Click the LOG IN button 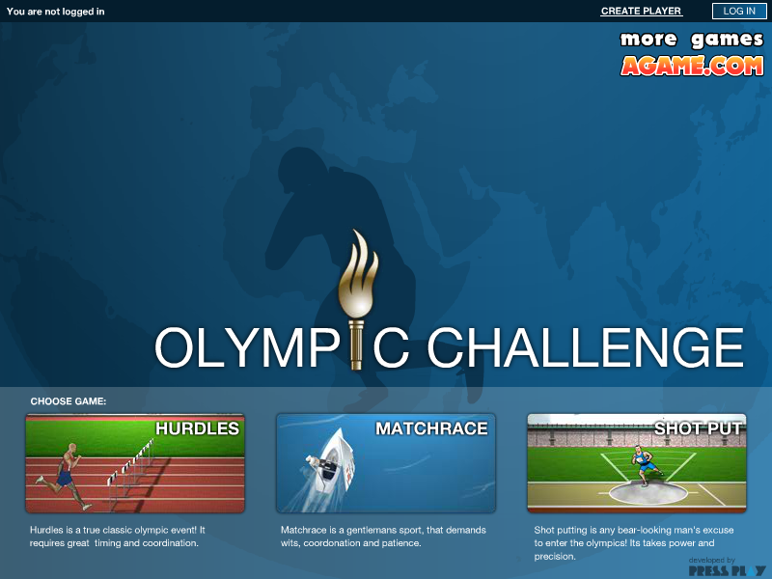pos(739,11)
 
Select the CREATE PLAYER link pos(641,11)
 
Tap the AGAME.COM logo pos(692,66)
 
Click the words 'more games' pos(692,40)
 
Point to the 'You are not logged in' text pos(56,12)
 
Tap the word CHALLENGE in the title pos(585,347)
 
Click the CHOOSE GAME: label pos(69,401)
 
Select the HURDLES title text pos(198,428)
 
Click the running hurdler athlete pos(64,476)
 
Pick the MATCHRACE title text pos(431,428)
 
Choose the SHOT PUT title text pos(698,428)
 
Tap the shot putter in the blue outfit pos(645,465)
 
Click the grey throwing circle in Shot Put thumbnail pos(648,493)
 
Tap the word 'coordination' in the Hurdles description pos(171,543)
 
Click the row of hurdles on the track pos(130,466)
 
